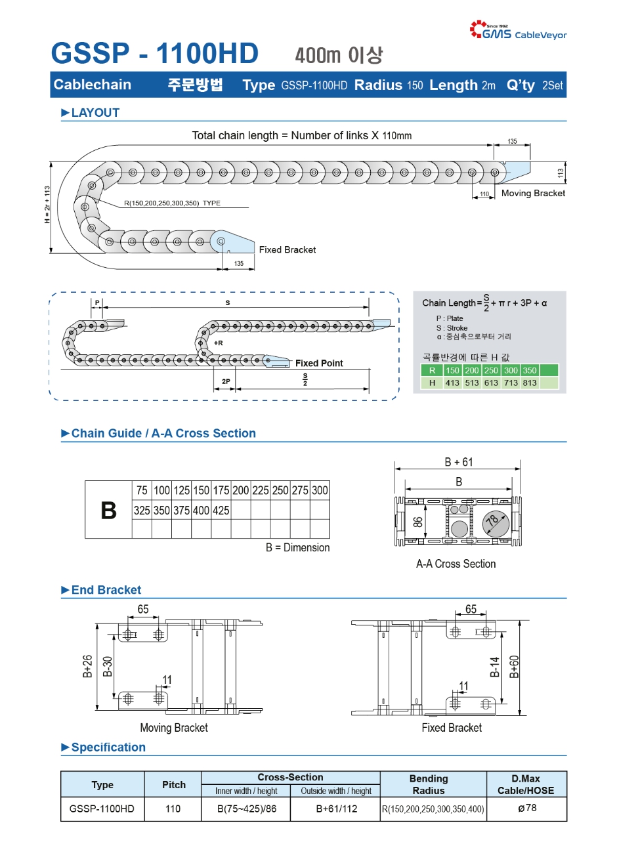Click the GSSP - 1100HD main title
click(x=155, y=54)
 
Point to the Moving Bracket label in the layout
click(x=533, y=194)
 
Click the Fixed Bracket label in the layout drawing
click(x=287, y=250)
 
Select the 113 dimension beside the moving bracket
click(x=561, y=173)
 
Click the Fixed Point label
click(x=319, y=363)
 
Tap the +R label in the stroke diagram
click(x=218, y=343)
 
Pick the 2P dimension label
click(x=226, y=381)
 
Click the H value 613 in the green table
click(x=491, y=383)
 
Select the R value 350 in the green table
click(x=530, y=370)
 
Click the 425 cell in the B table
click(x=221, y=511)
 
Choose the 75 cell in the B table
click(x=142, y=490)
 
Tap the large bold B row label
click(x=108, y=511)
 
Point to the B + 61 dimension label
click(x=458, y=462)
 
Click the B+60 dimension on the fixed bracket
click(x=515, y=666)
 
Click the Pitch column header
click(x=173, y=785)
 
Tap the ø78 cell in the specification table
click(x=526, y=808)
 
